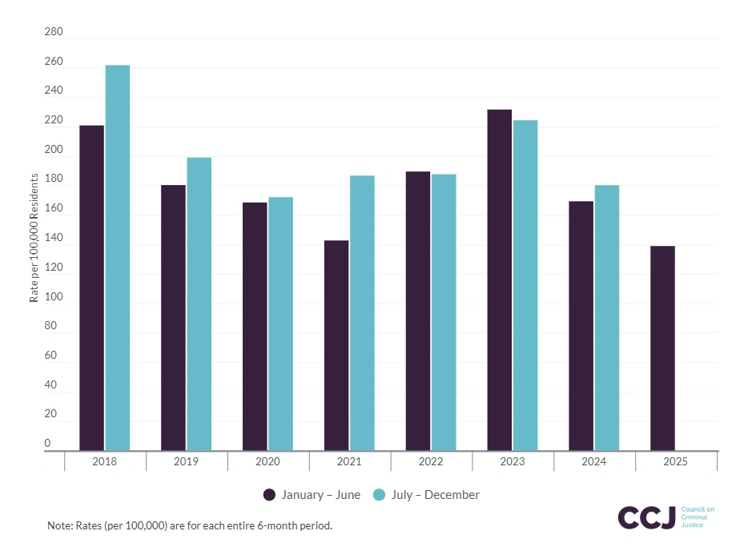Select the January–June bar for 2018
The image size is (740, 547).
click(91, 288)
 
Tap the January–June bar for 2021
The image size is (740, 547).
click(336, 345)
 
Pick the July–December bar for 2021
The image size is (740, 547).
click(362, 313)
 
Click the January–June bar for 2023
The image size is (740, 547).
click(500, 280)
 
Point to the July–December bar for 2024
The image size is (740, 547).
click(607, 318)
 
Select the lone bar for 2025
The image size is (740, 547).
click(662, 348)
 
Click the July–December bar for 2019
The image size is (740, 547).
click(199, 304)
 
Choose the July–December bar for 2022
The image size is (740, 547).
click(444, 312)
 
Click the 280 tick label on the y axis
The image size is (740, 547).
click(54, 32)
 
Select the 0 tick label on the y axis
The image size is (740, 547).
click(47, 444)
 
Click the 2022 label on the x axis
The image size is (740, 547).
click(431, 462)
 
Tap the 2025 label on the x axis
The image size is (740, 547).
click(675, 462)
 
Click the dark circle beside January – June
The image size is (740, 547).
click(270, 495)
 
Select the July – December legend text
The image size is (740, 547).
click(436, 495)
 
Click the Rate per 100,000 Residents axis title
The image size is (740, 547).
click(34, 237)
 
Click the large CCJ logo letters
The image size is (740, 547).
click(646, 517)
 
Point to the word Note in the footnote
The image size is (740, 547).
click(59, 525)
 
